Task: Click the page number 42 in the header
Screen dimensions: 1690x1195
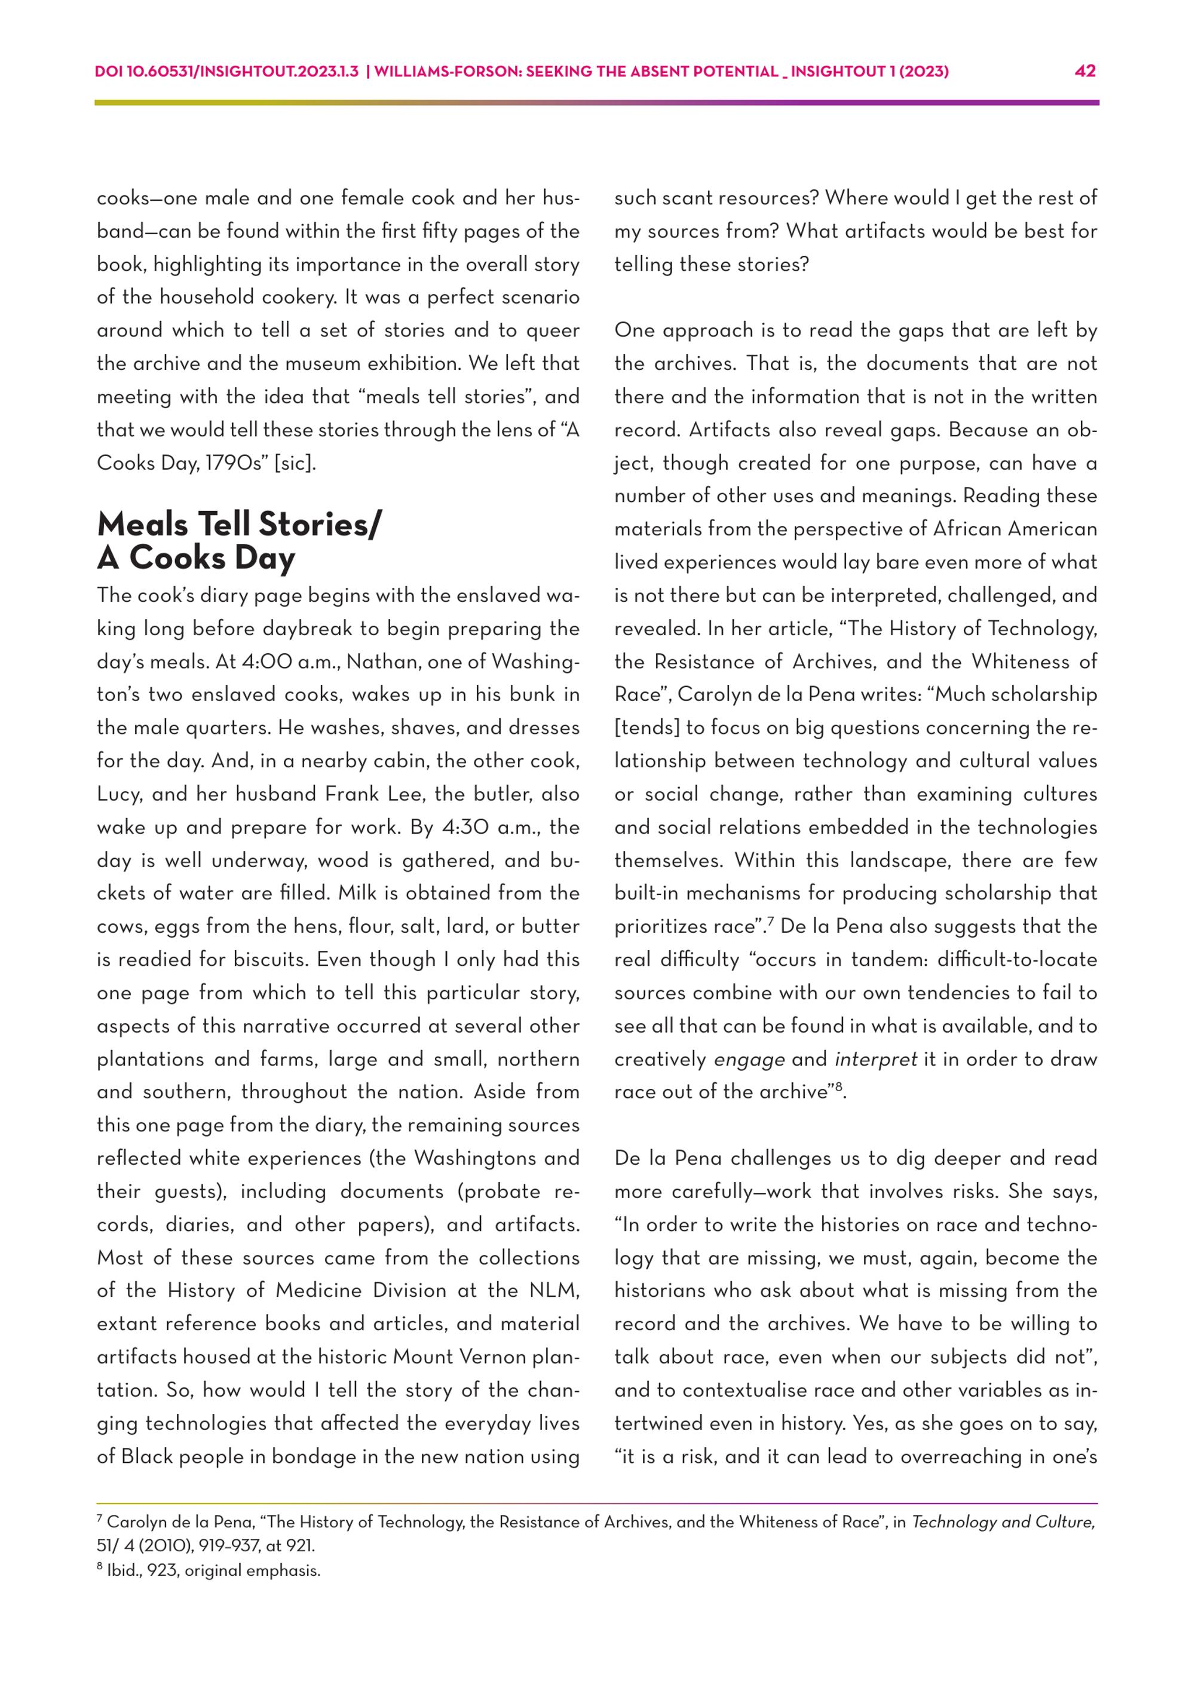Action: (x=1084, y=71)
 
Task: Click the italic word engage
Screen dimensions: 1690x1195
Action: (x=749, y=1059)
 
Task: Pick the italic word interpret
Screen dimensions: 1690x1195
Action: (x=876, y=1059)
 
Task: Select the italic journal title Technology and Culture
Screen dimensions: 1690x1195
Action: (x=1003, y=1521)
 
